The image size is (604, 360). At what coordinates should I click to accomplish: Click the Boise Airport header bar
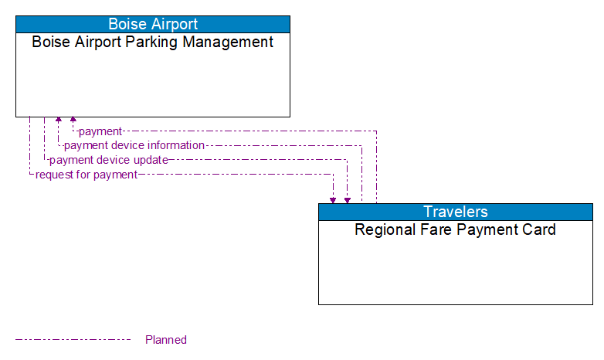tap(153, 24)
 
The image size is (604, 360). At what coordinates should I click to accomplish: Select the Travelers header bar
tap(456, 212)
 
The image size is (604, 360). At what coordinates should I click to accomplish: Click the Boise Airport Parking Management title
tap(153, 42)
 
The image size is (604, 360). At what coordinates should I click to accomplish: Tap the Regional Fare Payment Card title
tap(456, 229)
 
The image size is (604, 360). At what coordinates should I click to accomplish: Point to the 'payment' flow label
tap(100, 131)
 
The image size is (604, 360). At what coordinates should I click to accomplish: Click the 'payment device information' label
tap(134, 145)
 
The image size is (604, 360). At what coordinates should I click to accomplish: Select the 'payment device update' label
tap(109, 160)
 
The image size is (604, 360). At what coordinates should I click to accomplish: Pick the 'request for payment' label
tap(87, 175)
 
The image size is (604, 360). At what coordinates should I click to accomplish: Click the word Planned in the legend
tap(166, 339)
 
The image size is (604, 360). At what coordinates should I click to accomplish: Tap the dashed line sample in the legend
tap(73, 339)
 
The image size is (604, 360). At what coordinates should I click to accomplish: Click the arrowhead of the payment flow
tap(73, 121)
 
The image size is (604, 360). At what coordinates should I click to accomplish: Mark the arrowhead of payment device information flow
tap(59, 121)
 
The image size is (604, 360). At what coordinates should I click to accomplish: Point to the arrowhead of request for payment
tap(333, 199)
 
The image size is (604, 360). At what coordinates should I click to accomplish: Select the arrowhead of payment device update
tap(348, 199)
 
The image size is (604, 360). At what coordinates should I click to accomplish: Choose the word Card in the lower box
tap(539, 229)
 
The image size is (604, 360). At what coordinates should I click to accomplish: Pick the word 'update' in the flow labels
tap(151, 160)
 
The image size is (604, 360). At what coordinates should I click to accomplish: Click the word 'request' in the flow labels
tap(54, 175)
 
